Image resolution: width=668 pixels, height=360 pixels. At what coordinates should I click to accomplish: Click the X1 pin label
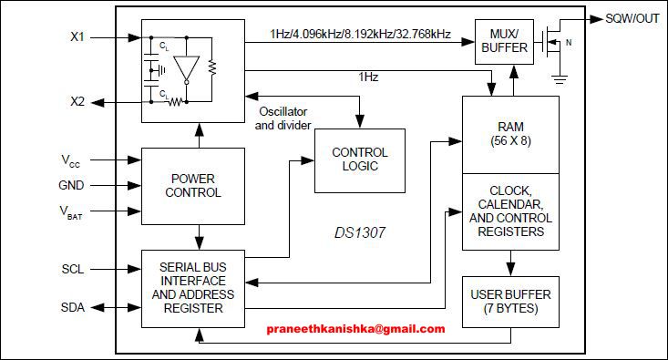tap(77, 38)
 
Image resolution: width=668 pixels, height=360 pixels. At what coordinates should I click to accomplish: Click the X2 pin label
tap(77, 101)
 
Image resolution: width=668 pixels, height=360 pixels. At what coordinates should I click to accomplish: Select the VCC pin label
tap(71, 160)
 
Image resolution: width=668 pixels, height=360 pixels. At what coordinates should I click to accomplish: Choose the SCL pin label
tap(73, 270)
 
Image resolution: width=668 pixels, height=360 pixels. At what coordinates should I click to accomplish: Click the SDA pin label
tap(73, 307)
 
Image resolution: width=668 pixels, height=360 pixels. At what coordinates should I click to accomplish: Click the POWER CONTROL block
tap(192, 186)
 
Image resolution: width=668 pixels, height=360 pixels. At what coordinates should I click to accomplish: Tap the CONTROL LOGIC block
tap(359, 159)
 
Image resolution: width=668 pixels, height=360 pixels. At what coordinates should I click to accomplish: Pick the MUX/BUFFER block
tap(504, 42)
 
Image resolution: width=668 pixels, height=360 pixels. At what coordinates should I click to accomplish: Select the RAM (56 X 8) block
tap(510, 134)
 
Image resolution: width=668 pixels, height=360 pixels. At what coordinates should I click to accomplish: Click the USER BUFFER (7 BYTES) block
tap(510, 302)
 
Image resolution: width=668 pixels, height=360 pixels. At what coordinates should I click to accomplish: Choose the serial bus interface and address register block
tap(192, 287)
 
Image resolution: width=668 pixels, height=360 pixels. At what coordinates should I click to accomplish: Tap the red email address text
tap(355, 329)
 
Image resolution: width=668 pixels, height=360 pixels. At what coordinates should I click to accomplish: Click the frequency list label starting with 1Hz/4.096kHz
tap(360, 34)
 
